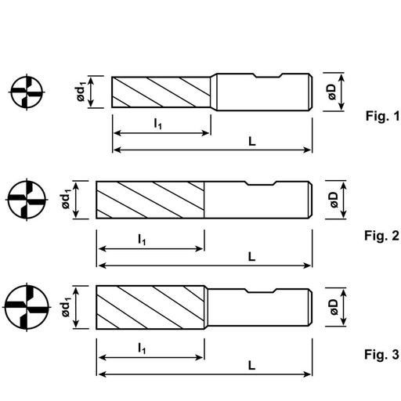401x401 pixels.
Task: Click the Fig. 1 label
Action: pos(383,116)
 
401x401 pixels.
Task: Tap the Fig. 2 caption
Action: pos(381,236)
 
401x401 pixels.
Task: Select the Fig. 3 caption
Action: pos(381,355)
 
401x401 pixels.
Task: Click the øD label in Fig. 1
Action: pos(332,92)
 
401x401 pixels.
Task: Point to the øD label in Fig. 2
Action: pos(334,200)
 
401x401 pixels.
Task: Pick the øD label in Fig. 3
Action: pos(334,307)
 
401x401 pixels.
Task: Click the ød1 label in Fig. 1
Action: pos(81,92)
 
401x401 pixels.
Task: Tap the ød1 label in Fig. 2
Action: pos(67,199)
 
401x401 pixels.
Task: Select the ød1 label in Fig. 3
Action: pos(67,307)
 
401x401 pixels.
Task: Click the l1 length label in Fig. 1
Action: pos(158,124)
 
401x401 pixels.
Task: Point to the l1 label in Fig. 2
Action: pos(142,239)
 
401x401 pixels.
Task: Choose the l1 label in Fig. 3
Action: pos(142,348)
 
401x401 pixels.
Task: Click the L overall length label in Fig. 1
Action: pos(252,142)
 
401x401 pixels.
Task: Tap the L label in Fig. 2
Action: pos(251,257)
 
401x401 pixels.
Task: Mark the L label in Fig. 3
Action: pos(251,366)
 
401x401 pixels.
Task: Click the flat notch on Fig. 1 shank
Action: pos(269,78)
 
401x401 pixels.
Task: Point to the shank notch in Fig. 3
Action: pos(261,292)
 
